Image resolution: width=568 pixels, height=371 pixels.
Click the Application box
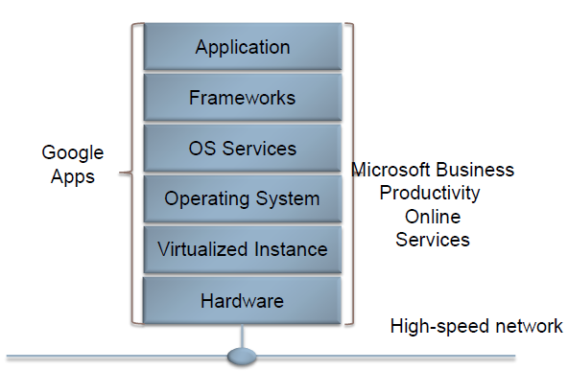tap(242, 46)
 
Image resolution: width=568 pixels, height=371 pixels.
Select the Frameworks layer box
tap(242, 98)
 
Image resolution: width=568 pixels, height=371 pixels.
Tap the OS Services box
tap(242, 149)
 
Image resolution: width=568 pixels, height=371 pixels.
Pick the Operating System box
tap(242, 199)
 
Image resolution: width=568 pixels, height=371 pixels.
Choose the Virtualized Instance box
tap(242, 250)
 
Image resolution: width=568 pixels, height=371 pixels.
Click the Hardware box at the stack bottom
tap(242, 301)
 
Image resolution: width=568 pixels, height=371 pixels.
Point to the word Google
tap(72, 153)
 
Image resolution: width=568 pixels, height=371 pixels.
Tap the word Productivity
tap(430, 194)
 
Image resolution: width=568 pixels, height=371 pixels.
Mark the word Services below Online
tap(433, 240)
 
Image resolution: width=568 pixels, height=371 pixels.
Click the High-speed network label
tap(476, 327)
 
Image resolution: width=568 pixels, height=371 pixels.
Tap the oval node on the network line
tap(242, 357)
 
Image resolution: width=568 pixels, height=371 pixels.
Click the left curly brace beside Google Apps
tap(130, 173)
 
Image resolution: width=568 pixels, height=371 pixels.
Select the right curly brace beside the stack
tap(349, 173)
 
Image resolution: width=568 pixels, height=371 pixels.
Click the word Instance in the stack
tap(285, 250)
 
